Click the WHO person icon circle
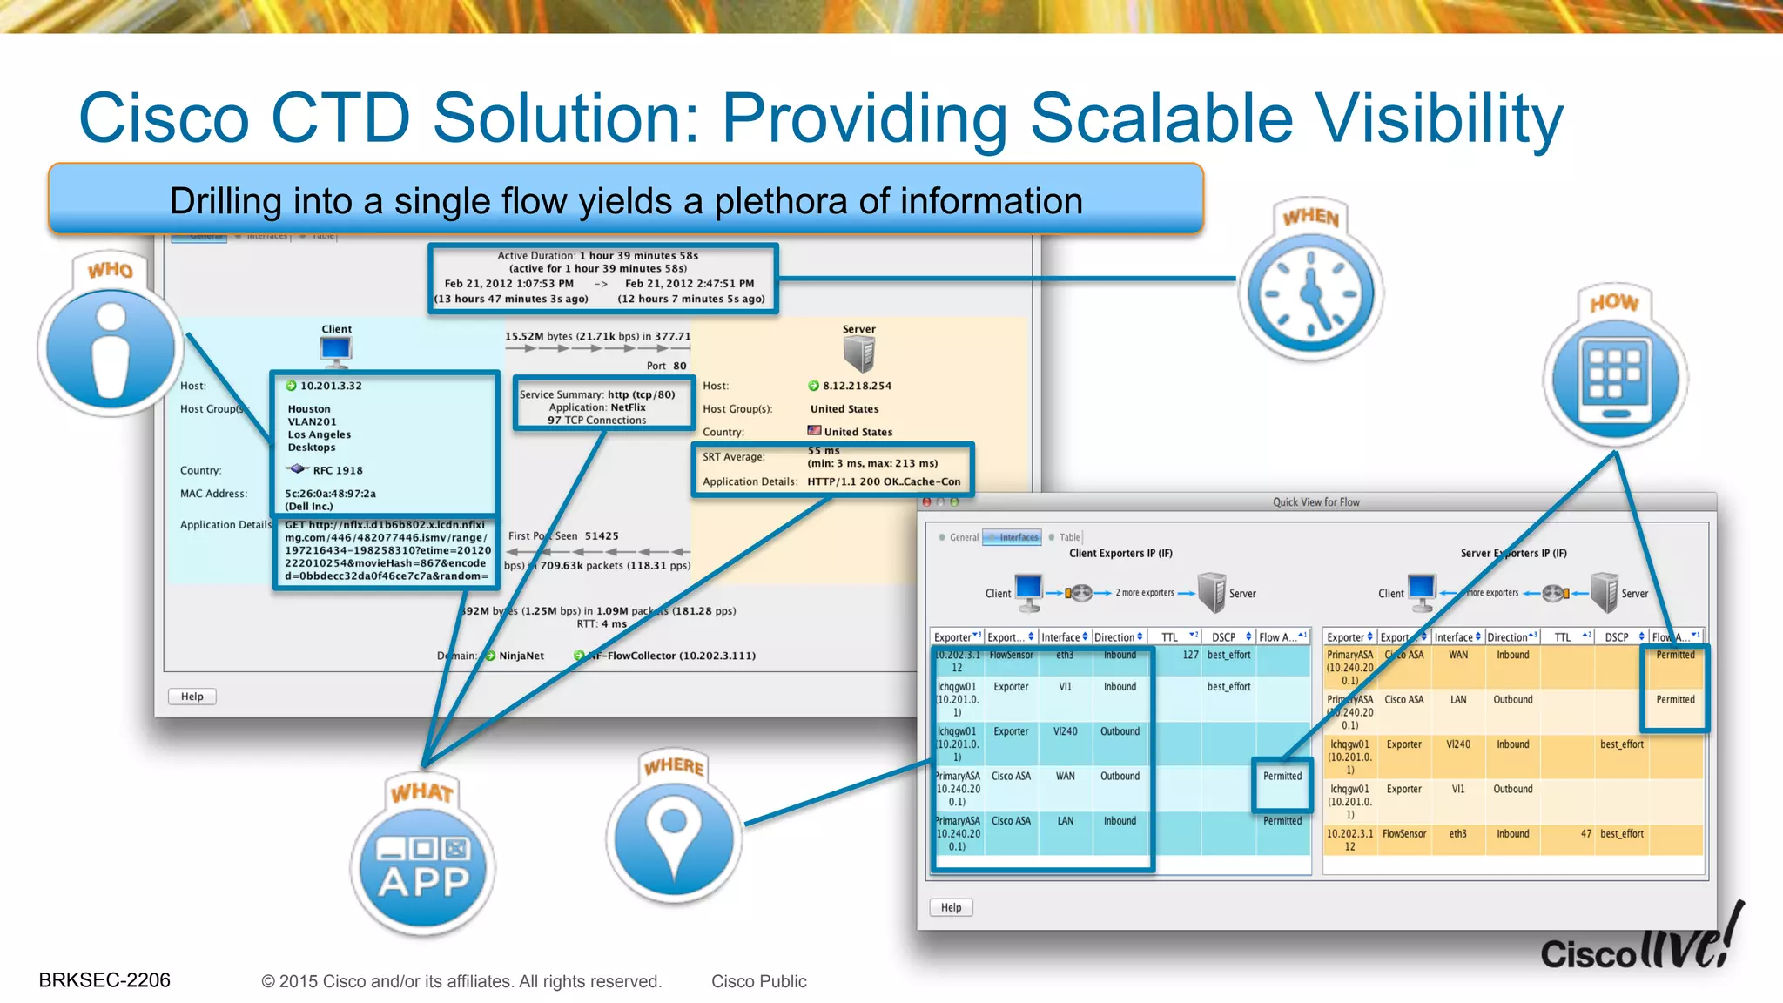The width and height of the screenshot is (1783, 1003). click(111, 348)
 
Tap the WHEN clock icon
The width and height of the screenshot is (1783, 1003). click(1311, 293)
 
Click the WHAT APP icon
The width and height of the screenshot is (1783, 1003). click(424, 866)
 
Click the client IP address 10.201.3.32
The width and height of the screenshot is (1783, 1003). click(330, 386)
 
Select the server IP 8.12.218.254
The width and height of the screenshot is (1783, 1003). click(856, 386)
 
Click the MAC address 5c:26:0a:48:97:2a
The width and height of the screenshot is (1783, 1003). click(330, 494)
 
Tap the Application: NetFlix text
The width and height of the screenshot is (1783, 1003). click(597, 407)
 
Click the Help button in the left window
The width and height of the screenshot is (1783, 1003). click(192, 697)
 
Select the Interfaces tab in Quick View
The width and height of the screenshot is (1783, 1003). click(1018, 537)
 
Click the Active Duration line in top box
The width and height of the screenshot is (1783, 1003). click(597, 256)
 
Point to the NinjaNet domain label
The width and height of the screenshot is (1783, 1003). click(521, 656)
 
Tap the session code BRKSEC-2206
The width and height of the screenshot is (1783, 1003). click(104, 980)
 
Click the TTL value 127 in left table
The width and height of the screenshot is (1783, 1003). click(1189, 655)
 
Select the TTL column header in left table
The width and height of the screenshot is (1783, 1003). click(1170, 637)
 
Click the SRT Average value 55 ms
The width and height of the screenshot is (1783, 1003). click(823, 451)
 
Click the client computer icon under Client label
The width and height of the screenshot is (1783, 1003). click(336, 350)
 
